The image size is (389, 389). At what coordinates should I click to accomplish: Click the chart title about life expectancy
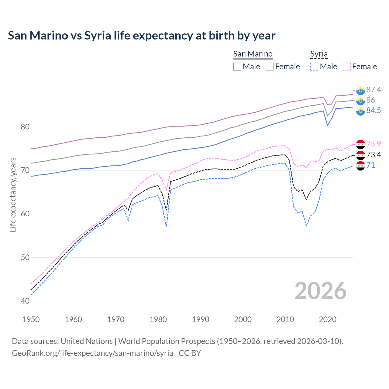point(142,36)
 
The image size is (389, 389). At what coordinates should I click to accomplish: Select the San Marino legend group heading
point(253,54)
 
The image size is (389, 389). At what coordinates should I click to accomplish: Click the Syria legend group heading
point(319,54)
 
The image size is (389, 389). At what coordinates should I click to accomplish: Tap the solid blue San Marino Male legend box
point(237,67)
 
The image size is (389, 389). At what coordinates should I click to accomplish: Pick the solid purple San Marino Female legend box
point(270,67)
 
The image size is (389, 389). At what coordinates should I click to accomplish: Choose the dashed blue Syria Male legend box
point(314,67)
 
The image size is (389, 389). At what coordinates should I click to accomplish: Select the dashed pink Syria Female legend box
point(347,67)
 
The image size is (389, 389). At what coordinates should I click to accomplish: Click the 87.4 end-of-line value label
point(374,90)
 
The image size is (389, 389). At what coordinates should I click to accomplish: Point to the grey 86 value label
point(370,100)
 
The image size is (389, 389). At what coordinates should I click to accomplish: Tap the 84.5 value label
point(374,110)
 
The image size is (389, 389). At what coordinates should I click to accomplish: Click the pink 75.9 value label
point(374,144)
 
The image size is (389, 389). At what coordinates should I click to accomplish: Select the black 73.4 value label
point(374,155)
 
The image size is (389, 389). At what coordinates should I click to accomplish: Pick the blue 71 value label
point(370,165)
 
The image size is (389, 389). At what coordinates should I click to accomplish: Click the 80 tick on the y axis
point(25,127)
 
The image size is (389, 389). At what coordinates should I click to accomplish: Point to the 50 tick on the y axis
point(25,257)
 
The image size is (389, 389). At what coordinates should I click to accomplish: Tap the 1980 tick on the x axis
point(158,319)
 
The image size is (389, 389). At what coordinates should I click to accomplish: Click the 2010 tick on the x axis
point(285,319)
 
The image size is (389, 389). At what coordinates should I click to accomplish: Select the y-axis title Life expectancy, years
point(13,194)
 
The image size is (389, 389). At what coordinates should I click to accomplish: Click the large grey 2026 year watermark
point(320,291)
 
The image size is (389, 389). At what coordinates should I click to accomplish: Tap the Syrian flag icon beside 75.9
point(360,144)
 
